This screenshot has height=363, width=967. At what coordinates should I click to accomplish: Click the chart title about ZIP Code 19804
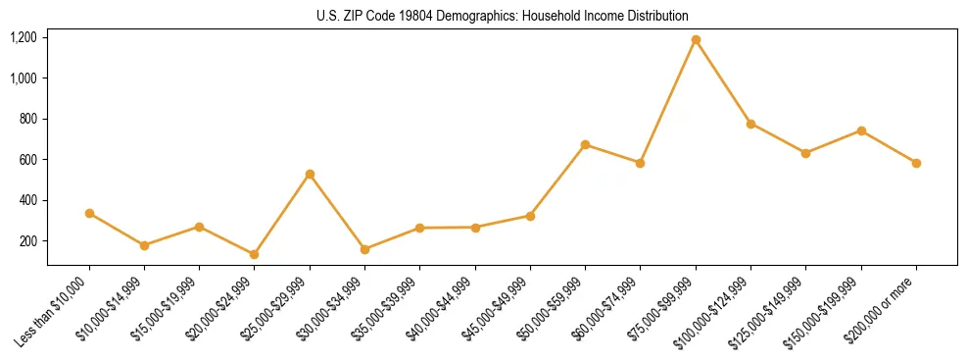[x=503, y=16]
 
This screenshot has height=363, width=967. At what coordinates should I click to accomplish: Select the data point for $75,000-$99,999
[x=696, y=40]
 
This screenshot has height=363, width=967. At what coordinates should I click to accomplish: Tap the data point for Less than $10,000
[x=89, y=213]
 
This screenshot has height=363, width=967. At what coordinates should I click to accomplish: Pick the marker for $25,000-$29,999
[x=310, y=174]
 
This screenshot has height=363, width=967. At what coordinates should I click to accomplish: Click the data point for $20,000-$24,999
[x=255, y=254]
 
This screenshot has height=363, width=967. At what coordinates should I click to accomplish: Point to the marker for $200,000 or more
[x=916, y=163]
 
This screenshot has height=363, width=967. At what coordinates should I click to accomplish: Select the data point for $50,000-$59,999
[x=585, y=144]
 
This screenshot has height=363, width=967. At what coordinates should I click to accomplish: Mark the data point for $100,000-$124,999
[x=750, y=124]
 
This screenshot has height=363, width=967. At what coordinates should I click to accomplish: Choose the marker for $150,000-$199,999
[x=861, y=130]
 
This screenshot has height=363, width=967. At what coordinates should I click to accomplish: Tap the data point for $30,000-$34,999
[x=364, y=249]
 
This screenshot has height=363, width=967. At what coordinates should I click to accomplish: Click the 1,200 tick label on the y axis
[x=24, y=37]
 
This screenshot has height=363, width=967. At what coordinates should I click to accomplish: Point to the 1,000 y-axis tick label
[x=24, y=78]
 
